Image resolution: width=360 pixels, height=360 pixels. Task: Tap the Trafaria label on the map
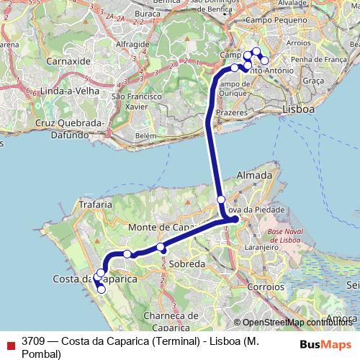(x=94, y=204)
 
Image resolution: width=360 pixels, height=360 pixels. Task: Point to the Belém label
(x=145, y=135)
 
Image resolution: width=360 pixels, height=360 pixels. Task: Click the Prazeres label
(x=231, y=113)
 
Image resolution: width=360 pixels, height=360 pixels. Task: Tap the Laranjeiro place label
(x=262, y=246)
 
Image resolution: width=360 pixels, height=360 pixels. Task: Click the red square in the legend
(x=9, y=342)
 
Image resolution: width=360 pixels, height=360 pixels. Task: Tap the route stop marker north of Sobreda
(x=161, y=248)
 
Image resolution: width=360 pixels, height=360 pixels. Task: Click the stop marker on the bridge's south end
(x=221, y=199)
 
